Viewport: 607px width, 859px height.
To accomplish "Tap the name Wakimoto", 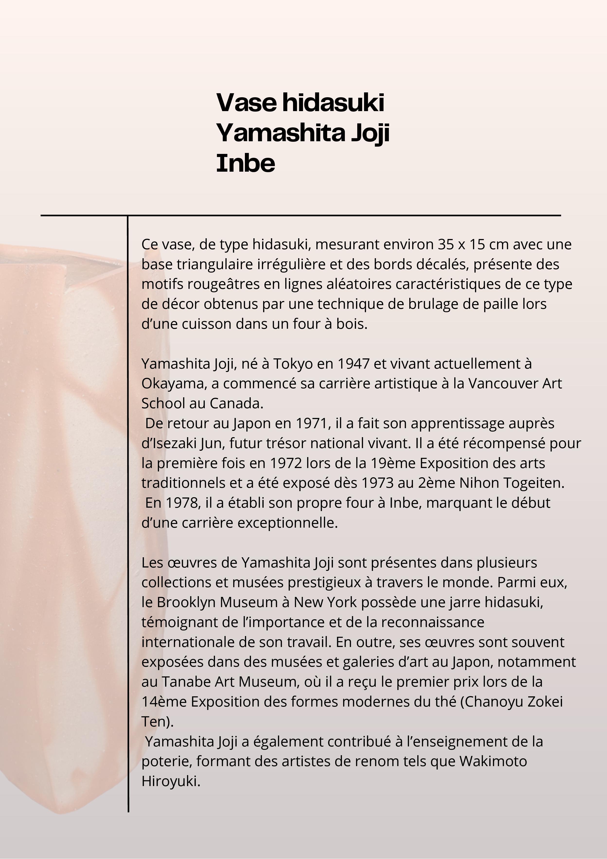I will [493, 761].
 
